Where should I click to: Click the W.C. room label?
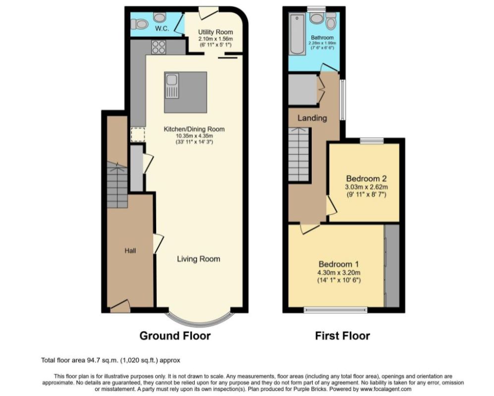coord(162,29)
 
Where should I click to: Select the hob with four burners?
coord(159,47)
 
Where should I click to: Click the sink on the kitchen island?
coord(172,85)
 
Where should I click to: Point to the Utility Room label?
coord(216,32)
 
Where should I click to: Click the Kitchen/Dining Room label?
coord(194,129)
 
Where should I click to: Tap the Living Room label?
coord(199,259)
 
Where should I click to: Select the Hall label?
coord(130,250)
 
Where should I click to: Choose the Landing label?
coord(312,118)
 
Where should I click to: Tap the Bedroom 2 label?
coord(366,178)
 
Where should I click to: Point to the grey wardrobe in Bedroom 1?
coord(392,265)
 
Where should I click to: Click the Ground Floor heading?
coord(175,336)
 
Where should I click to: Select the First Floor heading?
coord(342,336)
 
